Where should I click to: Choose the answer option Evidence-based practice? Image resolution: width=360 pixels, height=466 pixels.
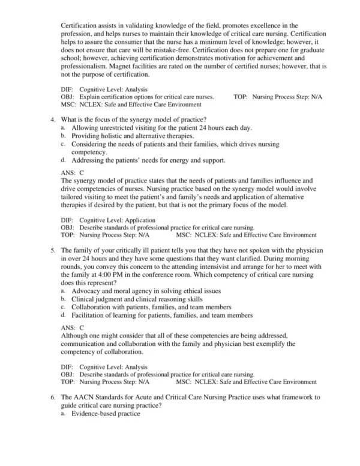(106, 414)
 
